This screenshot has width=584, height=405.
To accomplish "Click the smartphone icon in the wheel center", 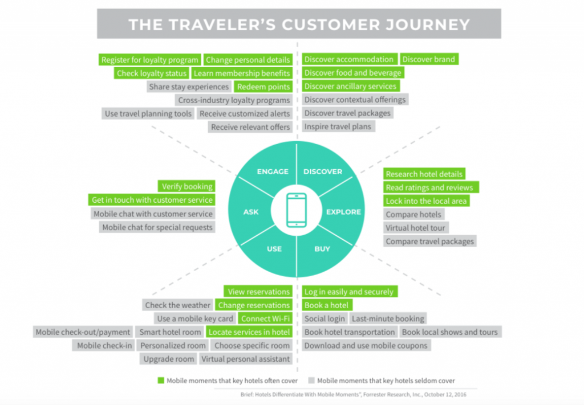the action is [297, 210].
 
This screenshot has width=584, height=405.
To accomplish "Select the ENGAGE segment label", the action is [273, 171].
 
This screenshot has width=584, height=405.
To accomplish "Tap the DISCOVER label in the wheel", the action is [323, 171].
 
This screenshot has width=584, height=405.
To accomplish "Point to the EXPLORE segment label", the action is [343, 211].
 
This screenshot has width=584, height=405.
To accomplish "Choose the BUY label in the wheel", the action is [322, 249].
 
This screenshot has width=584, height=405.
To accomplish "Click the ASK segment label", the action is [251, 211].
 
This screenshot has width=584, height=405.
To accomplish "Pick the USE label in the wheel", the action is [274, 249].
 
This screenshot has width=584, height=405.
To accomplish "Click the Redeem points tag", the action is [263, 87].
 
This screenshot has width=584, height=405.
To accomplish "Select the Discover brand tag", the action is [429, 59].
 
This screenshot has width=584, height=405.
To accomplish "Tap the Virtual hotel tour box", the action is [416, 228].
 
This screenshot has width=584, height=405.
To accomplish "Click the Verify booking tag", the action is [186, 186].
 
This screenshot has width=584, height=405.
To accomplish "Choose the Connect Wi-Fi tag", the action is [265, 319].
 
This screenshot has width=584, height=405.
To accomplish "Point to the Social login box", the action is [325, 319].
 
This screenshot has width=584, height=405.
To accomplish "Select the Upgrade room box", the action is [169, 359].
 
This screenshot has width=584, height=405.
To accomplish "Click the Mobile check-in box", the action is [104, 346].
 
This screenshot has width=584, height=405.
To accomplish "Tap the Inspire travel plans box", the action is [338, 126].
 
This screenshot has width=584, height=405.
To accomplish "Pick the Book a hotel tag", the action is [327, 305].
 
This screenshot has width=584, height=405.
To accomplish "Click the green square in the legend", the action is [161, 381].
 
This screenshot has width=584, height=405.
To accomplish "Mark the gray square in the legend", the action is [311, 381].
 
